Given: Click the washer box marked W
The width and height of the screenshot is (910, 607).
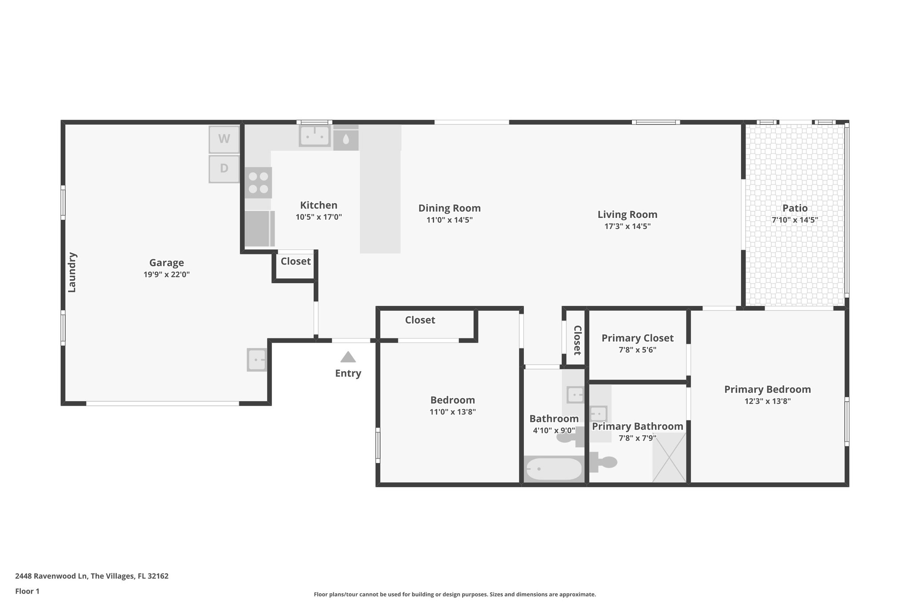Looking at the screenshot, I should click(x=224, y=139).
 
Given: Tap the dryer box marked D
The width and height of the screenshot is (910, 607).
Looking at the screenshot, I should click(x=224, y=169).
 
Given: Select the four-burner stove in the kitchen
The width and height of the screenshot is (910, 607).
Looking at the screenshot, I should click(x=258, y=183).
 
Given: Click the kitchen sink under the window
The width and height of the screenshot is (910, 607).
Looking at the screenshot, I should click(x=315, y=136).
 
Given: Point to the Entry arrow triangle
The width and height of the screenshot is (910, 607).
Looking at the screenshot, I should click(x=348, y=357).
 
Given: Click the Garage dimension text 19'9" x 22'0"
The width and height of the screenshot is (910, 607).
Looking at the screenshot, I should click(x=167, y=275).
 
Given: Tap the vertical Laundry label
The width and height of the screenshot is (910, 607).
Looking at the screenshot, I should click(x=72, y=272).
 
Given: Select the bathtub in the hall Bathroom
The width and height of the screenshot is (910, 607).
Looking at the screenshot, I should click(x=554, y=469).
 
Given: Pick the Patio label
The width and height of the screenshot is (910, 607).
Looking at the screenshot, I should click(x=795, y=208).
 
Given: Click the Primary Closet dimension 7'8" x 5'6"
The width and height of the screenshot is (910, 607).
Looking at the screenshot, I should click(x=637, y=350).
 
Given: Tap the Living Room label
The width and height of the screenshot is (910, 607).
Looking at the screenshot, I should click(x=627, y=215).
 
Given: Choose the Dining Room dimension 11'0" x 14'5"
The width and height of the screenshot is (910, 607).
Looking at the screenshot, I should click(x=449, y=220).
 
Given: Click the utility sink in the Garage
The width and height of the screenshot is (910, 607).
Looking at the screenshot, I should click(x=257, y=359).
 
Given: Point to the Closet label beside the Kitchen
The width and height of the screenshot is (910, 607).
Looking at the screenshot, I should click(x=295, y=261).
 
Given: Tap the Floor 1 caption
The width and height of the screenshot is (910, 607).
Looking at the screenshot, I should click(x=27, y=591).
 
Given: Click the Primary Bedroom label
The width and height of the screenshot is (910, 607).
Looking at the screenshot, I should click(x=767, y=390).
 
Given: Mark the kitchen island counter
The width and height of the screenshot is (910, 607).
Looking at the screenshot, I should click(x=380, y=200).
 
